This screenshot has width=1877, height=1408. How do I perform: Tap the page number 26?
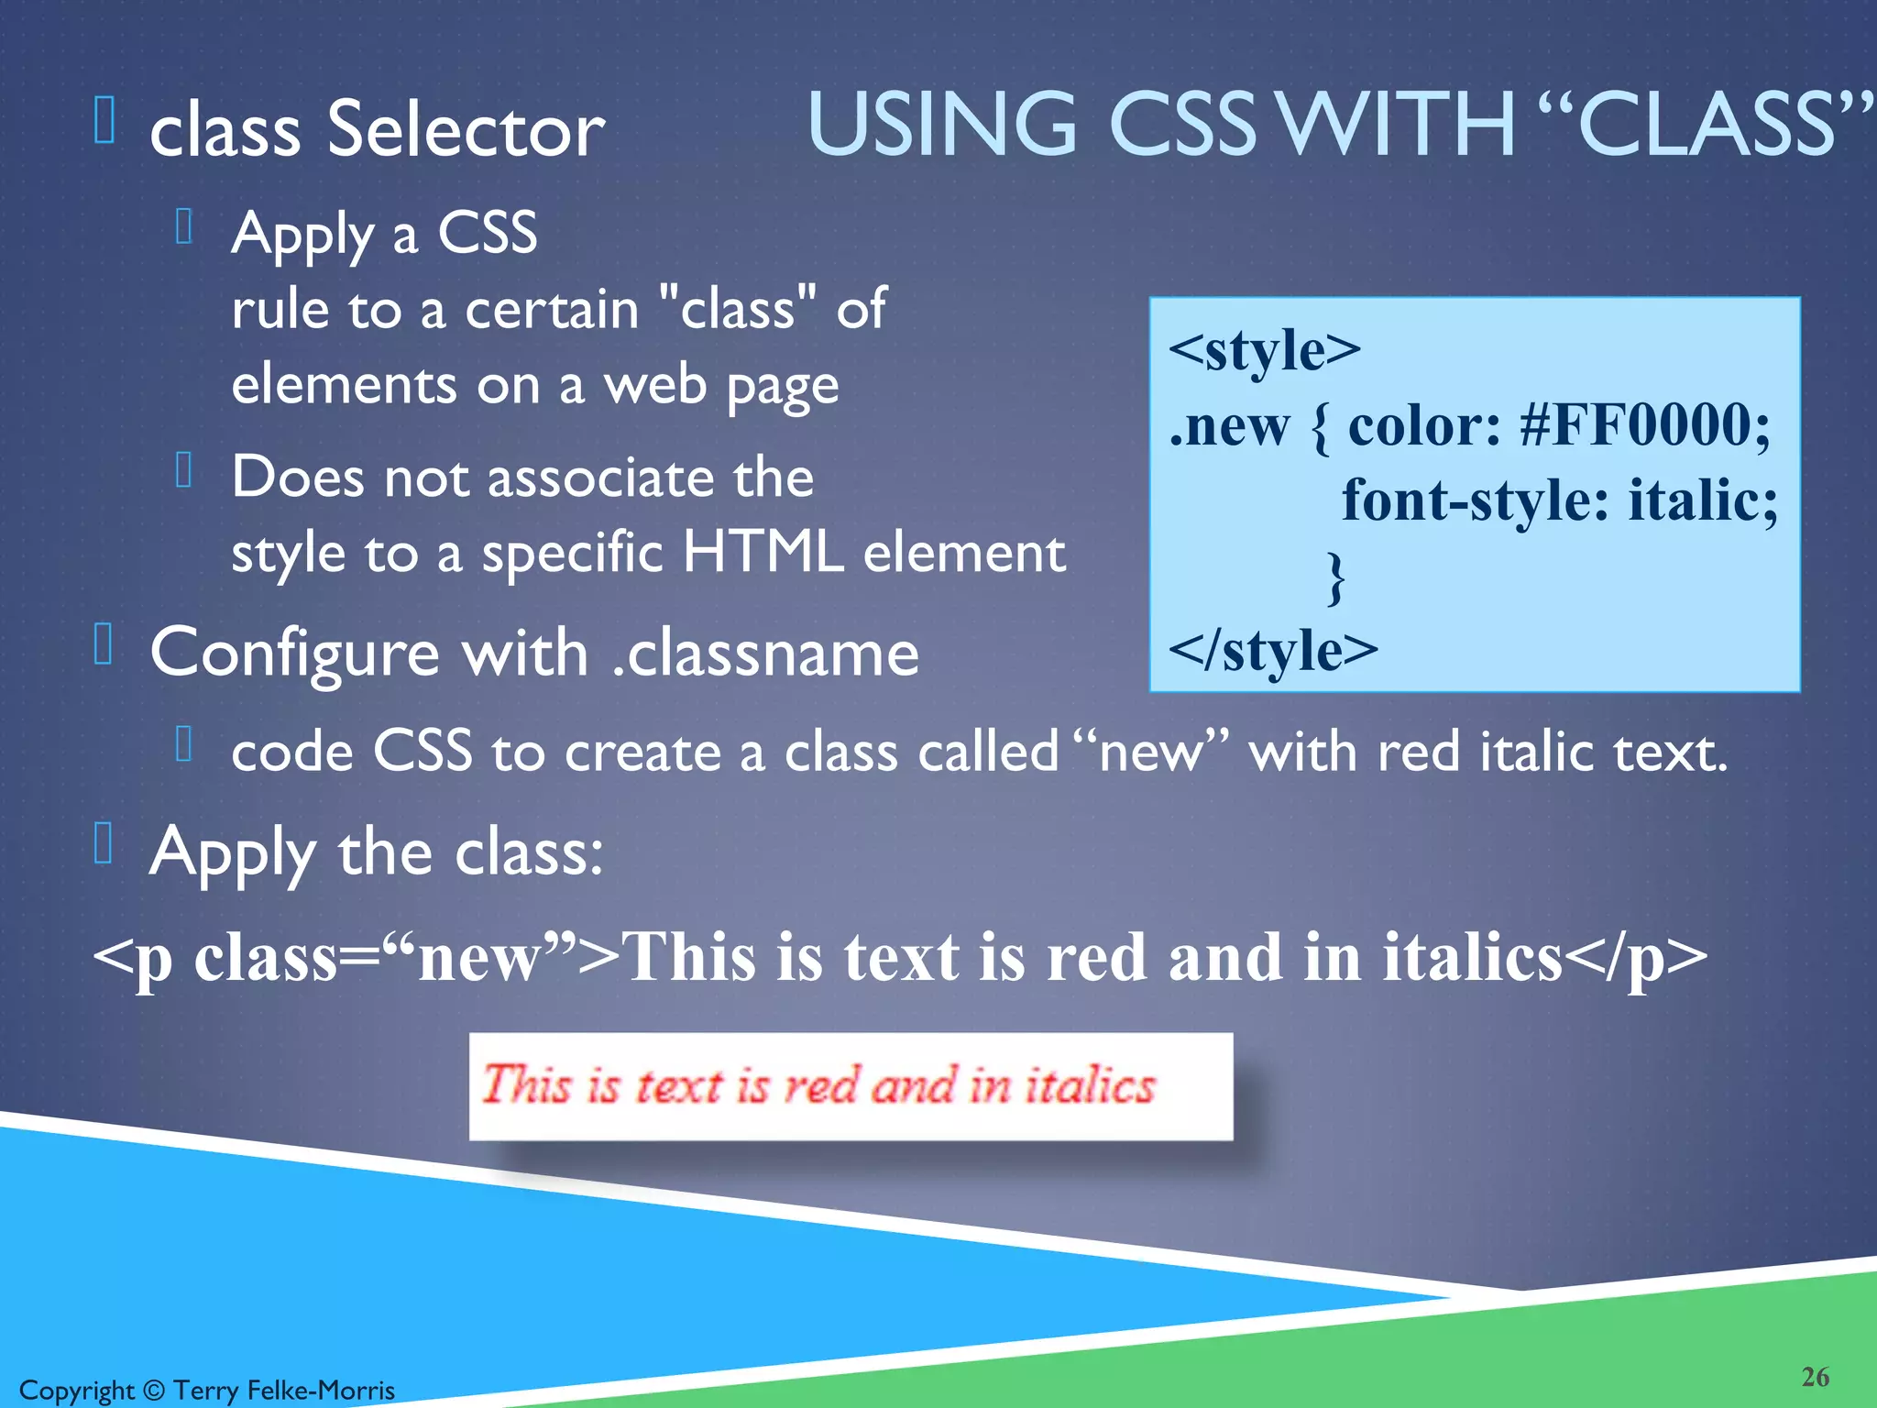pyautogui.click(x=1815, y=1377)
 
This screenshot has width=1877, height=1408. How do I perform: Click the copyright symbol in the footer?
pyautogui.click(x=154, y=1391)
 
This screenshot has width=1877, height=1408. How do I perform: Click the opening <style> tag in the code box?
pyautogui.click(x=1265, y=349)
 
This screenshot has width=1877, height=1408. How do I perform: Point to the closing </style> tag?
pyautogui.click(x=1273, y=650)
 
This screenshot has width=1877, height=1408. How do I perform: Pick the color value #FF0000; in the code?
pyautogui.click(x=1645, y=425)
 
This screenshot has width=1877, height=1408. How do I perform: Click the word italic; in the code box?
pyautogui.click(x=1702, y=500)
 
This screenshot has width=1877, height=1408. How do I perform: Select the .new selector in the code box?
pyautogui.click(x=1229, y=426)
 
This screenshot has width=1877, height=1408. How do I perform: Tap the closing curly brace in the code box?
pyautogui.click(x=1336, y=577)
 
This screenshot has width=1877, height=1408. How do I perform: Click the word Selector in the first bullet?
pyautogui.click(x=466, y=130)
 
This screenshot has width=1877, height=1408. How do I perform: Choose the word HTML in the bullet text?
pyautogui.click(x=763, y=553)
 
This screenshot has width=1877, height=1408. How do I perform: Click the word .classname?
pyautogui.click(x=765, y=653)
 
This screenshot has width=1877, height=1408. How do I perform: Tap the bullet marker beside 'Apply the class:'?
pyautogui.click(x=104, y=843)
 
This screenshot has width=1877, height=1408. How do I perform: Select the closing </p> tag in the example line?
pyautogui.click(x=1635, y=957)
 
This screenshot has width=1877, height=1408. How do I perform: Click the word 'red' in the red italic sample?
pyautogui.click(x=821, y=1085)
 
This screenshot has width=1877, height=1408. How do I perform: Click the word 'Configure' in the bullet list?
pyautogui.click(x=294, y=654)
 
